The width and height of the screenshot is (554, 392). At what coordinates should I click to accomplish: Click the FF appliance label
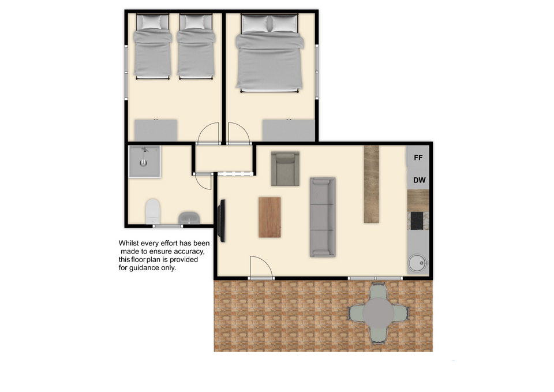[418, 158]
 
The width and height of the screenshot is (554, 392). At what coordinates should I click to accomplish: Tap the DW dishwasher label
[420, 180]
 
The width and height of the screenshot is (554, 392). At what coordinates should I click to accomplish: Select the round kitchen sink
[417, 263]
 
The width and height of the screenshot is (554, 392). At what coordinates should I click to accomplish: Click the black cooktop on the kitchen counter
[417, 221]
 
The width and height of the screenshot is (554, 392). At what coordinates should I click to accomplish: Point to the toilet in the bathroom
[152, 211]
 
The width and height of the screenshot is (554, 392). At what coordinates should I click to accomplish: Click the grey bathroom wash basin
[189, 218]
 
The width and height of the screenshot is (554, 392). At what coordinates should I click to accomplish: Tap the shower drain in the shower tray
[143, 163]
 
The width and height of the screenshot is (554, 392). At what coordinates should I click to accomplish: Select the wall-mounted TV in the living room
[222, 221]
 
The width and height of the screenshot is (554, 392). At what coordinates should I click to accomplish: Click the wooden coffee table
[269, 217]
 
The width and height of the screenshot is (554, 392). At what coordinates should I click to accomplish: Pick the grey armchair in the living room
[285, 169]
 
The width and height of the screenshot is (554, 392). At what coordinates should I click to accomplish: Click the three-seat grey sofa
[323, 217]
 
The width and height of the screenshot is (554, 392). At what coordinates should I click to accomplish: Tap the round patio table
[379, 313]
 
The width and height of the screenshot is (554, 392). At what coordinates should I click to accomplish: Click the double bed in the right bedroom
[269, 53]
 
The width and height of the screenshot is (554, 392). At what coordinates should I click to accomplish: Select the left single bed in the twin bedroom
[152, 47]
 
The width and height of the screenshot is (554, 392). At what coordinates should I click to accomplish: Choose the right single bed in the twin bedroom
[196, 47]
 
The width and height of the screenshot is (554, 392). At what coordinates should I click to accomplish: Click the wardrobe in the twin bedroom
[156, 130]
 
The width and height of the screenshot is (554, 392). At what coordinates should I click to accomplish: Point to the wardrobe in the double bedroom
[289, 130]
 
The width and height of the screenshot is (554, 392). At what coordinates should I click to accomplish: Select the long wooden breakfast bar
[371, 184]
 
